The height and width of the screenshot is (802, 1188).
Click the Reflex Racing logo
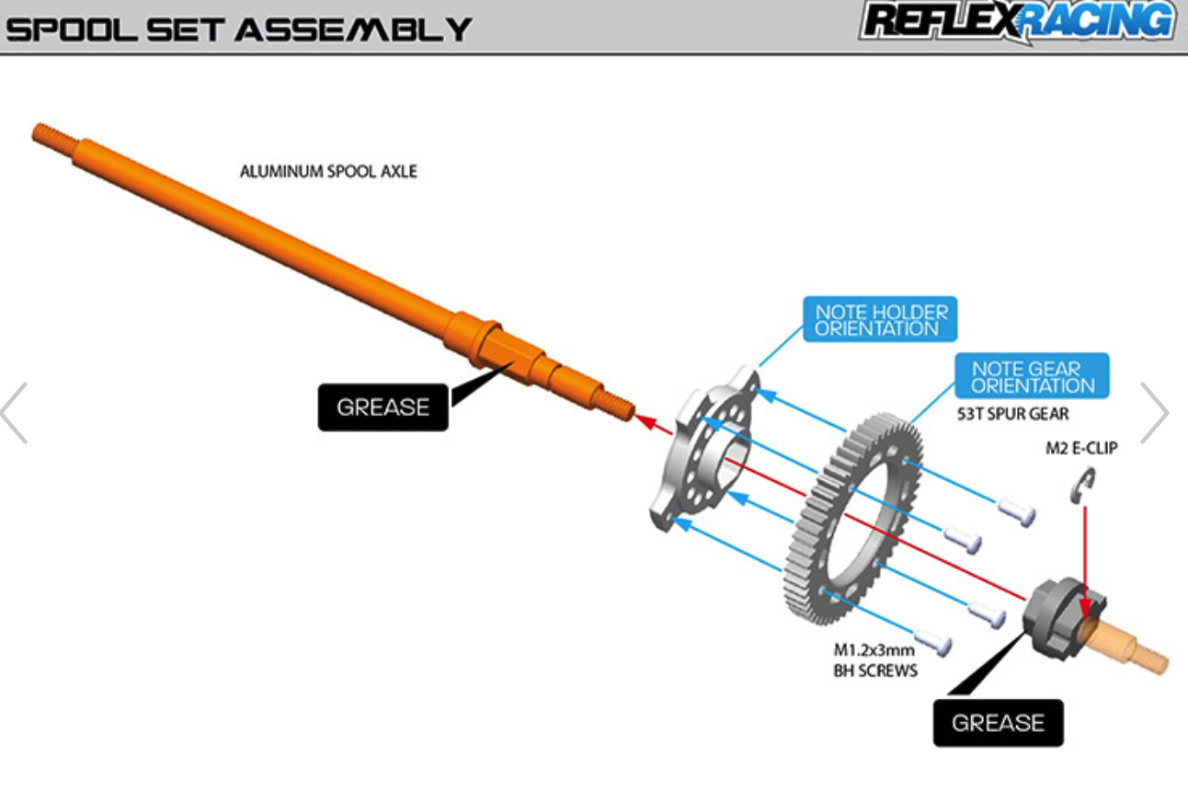[x=1017, y=21]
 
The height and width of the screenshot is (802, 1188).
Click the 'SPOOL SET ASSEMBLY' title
[x=239, y=29]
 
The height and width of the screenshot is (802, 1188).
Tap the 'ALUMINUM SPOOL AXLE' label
[x=328, y=171]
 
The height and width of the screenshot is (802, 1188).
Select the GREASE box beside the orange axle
[x=383, y=407]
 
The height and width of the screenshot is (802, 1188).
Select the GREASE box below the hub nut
[x=999, y=722]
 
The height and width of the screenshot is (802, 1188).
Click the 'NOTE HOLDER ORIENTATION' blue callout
[x=880, y=319]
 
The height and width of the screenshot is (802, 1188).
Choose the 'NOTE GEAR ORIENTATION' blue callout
[x=1032, y=376]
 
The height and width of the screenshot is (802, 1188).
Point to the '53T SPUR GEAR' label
[x=1012, y=414]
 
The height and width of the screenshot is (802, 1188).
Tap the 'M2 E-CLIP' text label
[x=1081, y=448]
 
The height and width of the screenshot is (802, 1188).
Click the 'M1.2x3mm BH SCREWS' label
[x=875, y=660]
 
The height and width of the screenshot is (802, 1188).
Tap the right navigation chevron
[x=1154, y=413]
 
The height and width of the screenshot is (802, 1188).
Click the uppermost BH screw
[x=1016, y=513]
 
